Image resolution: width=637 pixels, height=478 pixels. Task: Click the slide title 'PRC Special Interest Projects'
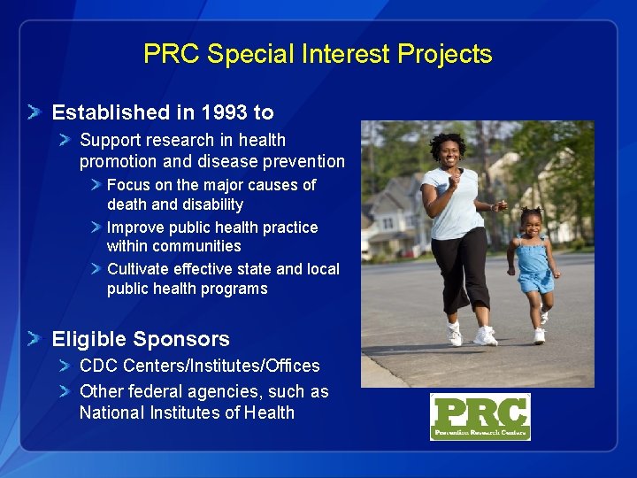pyautogui.click(x=318, y=54)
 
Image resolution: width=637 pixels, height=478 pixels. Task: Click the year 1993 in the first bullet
pyautogui.click(x=225, y=112)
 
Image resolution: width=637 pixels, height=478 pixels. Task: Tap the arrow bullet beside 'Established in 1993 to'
pyautogui.click(x=33, y=112)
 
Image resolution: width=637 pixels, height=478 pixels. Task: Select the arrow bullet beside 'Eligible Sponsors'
pyautogui.click(x=33, y=339)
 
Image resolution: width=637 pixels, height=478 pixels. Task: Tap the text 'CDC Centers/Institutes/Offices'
pyautogui.click(x=199, y=366)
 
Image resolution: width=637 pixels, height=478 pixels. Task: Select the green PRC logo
pyautogui.click(x=480, y=416)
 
